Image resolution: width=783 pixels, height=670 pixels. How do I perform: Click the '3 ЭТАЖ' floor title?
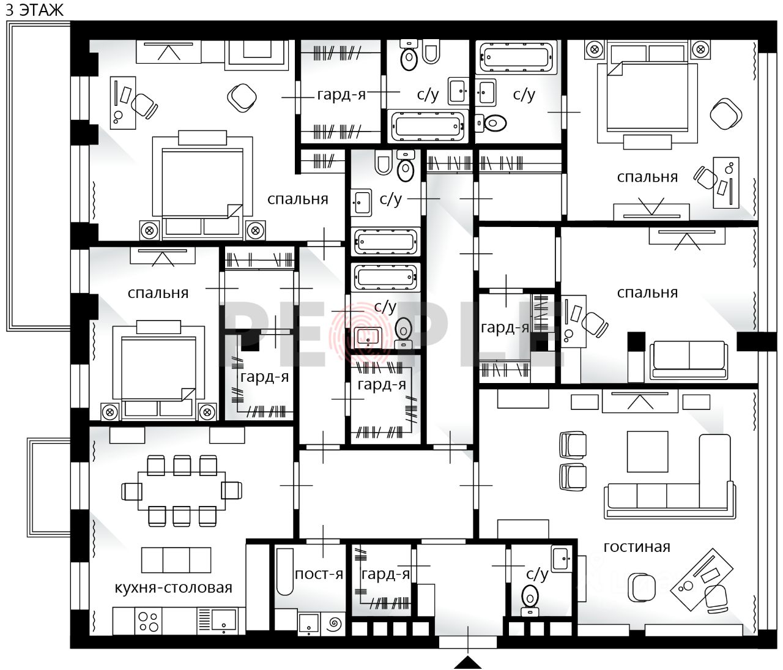[x=34, y=10]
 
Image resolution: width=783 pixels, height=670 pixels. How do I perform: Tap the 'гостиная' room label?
[x=636, y=547]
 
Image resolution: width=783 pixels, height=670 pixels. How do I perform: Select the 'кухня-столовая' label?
[x=173, y=588]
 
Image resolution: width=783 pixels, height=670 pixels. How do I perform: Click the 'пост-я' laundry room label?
[x=319, y=574]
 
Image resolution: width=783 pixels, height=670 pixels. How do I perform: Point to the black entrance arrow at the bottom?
[x=467, y=663]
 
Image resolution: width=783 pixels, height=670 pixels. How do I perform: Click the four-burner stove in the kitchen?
[x=148, y=622]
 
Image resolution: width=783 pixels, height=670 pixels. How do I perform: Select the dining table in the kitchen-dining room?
[x=182, y=491]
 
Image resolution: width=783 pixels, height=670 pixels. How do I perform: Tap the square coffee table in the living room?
[x=647, y=452]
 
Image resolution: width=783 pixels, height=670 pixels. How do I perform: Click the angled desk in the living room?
[x=701, y=579]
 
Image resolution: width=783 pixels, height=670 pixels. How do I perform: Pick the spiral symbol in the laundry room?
[x=334, y=623]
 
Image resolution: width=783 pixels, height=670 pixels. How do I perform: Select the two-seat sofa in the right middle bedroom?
[x=689, y=360]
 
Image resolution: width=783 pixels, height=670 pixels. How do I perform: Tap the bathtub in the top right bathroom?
[x=518, y=58]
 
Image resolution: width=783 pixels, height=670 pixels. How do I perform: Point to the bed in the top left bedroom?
[x=202, y=185]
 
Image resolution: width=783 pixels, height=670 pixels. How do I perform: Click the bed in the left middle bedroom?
[x=158, y=371]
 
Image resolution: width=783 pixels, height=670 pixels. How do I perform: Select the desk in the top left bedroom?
[x=123, y=103]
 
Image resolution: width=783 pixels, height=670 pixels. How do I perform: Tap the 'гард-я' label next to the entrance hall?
[x=385, y=574]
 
